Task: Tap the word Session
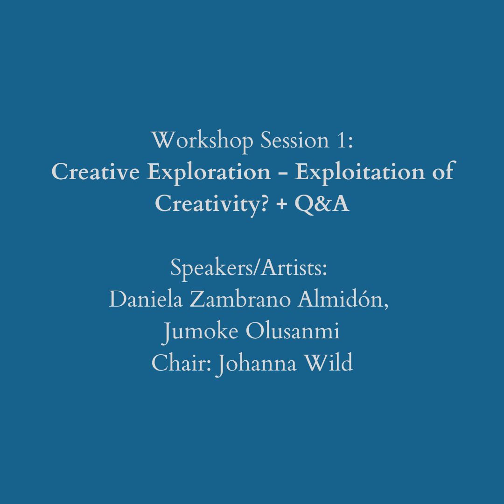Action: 295,140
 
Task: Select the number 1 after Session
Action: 345,140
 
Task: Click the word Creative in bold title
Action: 96,172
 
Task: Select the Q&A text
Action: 322,204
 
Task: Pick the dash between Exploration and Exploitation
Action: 283,174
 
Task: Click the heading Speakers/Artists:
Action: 249,268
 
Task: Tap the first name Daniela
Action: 146,299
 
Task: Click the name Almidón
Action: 343,299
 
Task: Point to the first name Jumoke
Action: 201,331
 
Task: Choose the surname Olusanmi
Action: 293,331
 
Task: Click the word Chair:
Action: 181,363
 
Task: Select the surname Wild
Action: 328,363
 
